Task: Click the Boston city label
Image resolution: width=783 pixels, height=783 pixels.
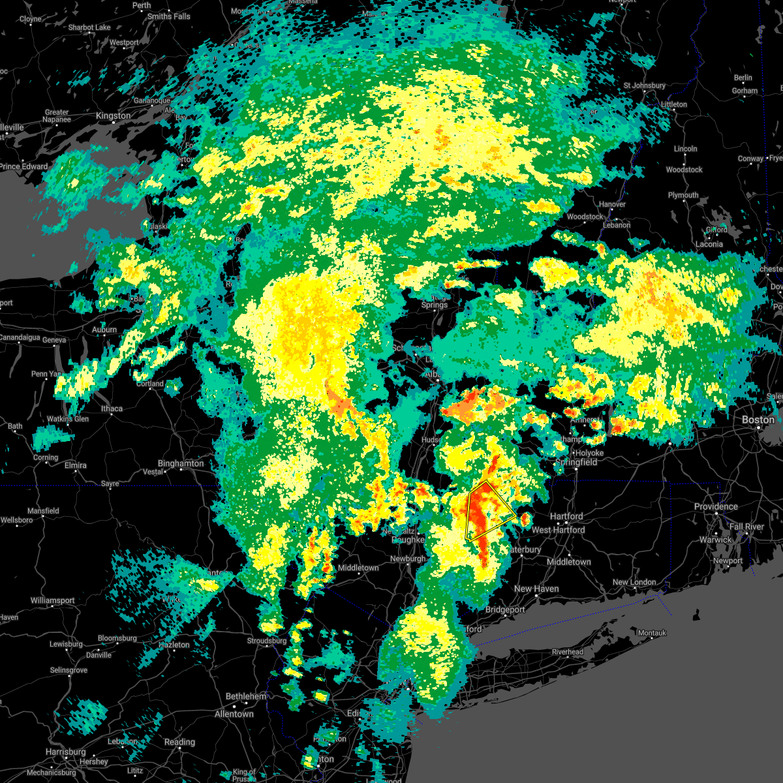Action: [x=758, y=420]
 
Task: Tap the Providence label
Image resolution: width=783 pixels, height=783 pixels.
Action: [x=716, y=506]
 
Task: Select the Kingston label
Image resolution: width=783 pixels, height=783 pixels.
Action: [x=113, y=115]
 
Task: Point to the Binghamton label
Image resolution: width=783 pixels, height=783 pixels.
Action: [x=181, y=463]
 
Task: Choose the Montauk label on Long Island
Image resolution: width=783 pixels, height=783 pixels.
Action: [x=652, y=633]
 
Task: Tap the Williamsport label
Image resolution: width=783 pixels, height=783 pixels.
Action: [x=53, y=600]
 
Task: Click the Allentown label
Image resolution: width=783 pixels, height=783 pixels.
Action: [x=234, y=714]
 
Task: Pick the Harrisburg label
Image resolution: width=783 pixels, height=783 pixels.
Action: [x=66, y=752]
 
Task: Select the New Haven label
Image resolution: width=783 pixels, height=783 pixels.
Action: [x=536, y=589]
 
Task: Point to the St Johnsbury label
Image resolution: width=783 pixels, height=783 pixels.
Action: [x=645, y=85]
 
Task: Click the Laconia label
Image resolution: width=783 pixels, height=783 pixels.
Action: [x=709, y=244]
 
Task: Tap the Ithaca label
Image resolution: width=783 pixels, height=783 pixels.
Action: [x=112, y=409]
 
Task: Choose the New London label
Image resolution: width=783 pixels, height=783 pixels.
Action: [x=634, y=582]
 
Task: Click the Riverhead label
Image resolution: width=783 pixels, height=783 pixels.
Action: [x=568, y=652]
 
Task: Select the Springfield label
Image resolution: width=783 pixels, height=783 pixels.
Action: [x=577, y=462]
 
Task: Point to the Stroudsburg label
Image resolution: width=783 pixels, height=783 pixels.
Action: [x=267, y=641]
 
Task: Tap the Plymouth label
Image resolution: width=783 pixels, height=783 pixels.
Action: [x=683, y=195]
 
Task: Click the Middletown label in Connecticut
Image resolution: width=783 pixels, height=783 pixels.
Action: [x=569, y=562]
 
